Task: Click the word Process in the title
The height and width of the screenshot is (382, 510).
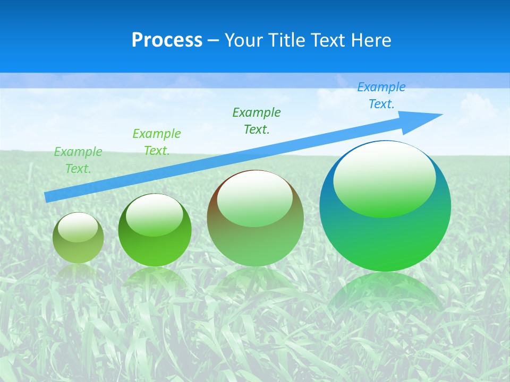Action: point(167,40)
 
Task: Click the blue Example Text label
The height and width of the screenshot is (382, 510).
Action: point(381,95)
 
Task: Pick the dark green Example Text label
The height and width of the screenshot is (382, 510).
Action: point(257,121)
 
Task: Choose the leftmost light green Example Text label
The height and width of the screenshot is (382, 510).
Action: point(78,160)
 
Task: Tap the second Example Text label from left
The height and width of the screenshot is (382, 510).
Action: point(156,142)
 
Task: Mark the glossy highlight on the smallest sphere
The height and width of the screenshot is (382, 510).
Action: point(78,227)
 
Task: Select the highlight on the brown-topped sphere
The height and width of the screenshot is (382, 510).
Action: point(254,198)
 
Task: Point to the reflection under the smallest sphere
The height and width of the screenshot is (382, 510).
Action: point(78,271)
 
